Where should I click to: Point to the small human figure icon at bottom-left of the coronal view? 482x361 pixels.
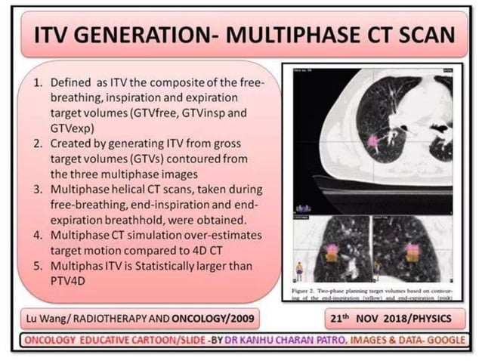coord(299,268)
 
